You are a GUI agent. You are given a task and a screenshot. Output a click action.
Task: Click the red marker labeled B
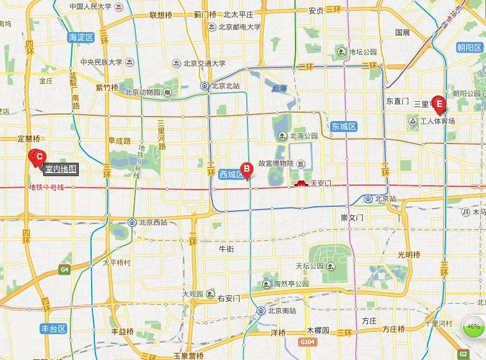[246, 170]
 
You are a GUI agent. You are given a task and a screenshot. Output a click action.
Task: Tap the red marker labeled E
[439, 103]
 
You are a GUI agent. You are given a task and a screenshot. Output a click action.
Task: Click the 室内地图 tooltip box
[61, 169]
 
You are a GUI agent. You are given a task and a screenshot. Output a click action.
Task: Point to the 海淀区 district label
[81, 38]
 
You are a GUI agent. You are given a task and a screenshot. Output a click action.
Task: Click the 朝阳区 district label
[469, 47]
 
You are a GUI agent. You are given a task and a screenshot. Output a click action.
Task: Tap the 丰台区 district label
[54, 329]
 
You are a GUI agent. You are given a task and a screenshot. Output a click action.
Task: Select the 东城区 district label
[344, 127]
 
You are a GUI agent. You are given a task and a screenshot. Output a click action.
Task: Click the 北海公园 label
[303, 136]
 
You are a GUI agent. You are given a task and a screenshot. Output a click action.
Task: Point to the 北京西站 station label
[151, 222]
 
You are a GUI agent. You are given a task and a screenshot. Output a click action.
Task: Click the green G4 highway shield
[63, 270]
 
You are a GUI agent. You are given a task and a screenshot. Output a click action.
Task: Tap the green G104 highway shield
[307, 342]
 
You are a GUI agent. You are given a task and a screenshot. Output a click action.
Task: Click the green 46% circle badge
[473, 327]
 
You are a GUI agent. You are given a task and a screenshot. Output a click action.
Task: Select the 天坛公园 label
[312, 265]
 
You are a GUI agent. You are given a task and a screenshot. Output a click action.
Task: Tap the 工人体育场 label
[437, 120]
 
